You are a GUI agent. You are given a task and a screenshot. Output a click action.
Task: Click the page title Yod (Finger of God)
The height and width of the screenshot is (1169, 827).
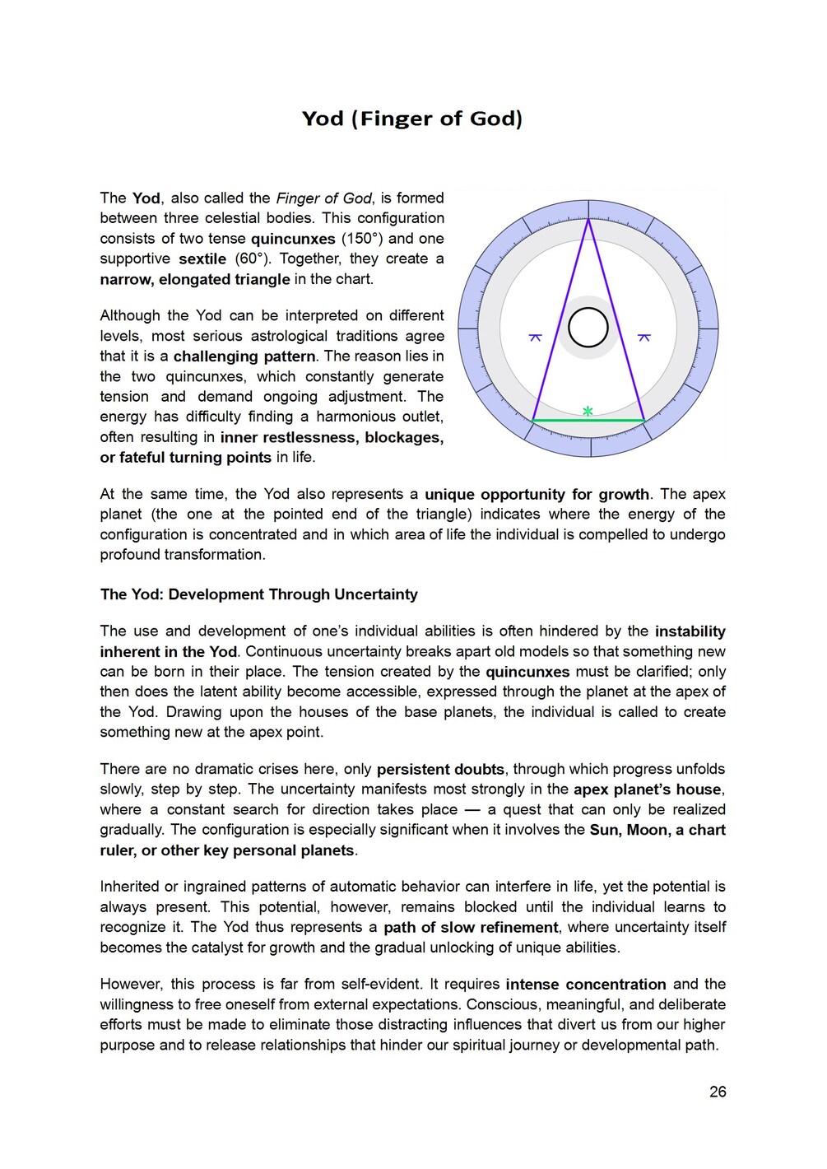click(412, 119)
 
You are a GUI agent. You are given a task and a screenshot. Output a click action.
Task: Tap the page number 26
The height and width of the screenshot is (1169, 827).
click(718, 1092)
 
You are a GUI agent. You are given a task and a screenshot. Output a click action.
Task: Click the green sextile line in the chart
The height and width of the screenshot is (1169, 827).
click(588, 421)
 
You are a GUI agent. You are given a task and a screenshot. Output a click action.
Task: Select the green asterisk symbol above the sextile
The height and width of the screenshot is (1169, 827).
click(588, 410)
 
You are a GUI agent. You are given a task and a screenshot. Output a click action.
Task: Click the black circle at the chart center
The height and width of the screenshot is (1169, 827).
click(588, 328)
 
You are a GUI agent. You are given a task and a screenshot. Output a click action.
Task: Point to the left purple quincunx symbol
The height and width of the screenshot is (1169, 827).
click(535, 338)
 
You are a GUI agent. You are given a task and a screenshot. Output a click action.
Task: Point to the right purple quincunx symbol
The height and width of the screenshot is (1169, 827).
click(644, 338)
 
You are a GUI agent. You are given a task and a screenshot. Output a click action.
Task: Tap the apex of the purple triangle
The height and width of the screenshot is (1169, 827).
click(588, 219)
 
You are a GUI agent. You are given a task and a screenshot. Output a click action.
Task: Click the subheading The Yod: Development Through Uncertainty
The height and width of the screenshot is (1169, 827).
click(258, 594)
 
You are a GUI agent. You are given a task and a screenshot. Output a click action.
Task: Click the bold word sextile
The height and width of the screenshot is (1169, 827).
click(202, 258)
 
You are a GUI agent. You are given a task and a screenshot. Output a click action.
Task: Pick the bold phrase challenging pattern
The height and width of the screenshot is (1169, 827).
click(244, 356)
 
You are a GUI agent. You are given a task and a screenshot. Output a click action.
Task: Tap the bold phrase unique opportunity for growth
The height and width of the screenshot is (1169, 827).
click(537, 494)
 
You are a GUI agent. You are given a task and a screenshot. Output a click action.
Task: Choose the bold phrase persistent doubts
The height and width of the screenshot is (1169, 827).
click(440, 770)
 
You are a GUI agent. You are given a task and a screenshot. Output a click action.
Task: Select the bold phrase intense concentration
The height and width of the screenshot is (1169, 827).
click(586, 985)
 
